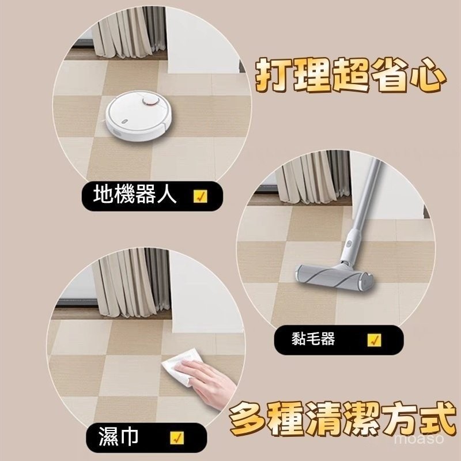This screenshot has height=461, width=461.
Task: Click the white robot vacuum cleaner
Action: point(139,116)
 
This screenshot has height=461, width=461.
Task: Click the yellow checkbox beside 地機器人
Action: point(201,197)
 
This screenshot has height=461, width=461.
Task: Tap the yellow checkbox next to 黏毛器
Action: point(374,340)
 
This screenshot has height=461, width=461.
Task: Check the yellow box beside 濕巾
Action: point(177,438)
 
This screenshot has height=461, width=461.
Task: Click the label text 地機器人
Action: point(135,194)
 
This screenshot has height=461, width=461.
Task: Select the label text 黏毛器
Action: point(313,339)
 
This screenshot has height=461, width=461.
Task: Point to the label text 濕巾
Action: point(118,436)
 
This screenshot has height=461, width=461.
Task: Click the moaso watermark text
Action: point(419,439)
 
